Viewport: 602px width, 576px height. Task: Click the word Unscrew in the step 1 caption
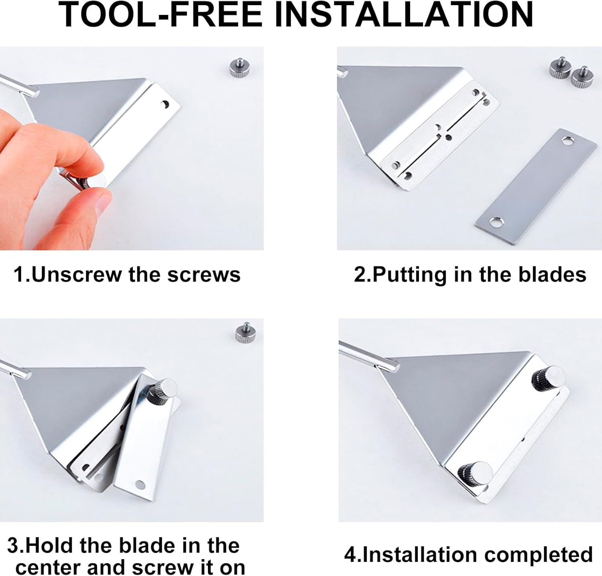coord(76,275)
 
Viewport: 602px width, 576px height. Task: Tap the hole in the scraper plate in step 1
coord(165,105)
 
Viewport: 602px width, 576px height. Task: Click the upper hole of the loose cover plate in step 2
coord(567,141)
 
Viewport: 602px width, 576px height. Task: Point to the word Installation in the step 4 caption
coord(420,554)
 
